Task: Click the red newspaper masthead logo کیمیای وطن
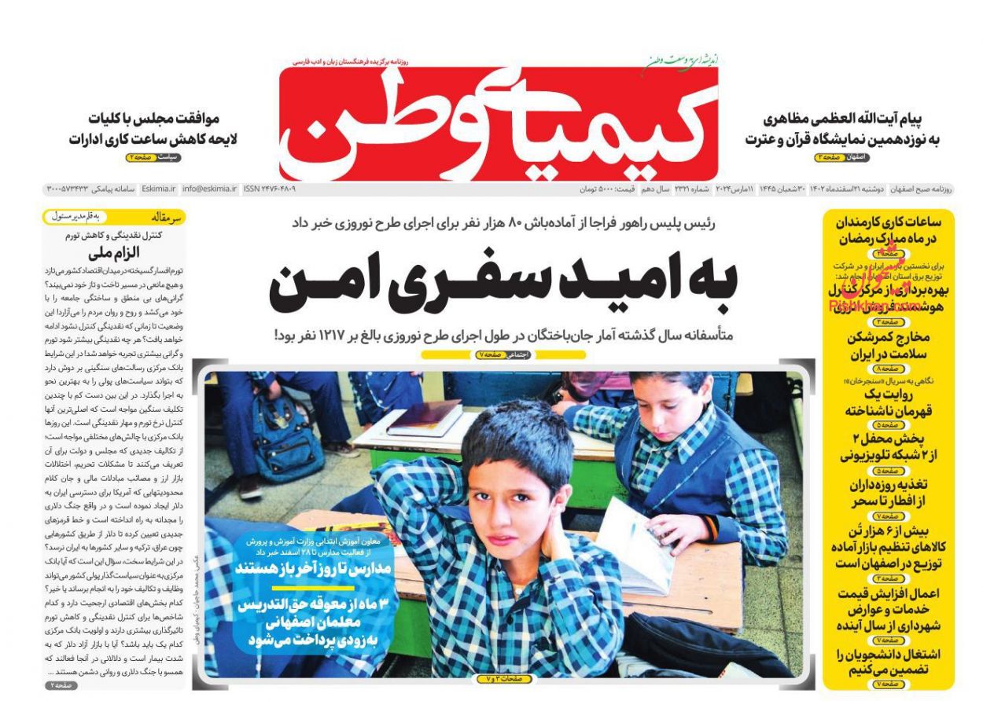499,122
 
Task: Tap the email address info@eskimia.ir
209,189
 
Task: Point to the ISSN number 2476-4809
270,189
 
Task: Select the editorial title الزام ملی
116,253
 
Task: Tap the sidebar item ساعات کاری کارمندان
889,229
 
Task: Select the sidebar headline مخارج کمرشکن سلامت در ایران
888,346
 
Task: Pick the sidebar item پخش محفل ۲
888,446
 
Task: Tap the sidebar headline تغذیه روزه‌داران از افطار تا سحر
888,494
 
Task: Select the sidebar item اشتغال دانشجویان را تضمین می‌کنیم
888,661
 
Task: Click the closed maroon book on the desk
425,417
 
